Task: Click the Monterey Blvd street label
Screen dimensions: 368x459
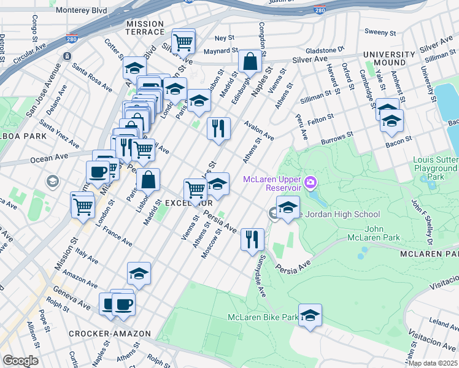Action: (80, 10)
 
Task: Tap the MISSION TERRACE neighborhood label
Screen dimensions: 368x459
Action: (145, 28)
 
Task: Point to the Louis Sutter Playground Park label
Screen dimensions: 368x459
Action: (436, 167)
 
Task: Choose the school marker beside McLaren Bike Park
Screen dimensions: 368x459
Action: (310, 315)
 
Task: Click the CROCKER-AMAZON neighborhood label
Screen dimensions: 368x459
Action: (110, 334)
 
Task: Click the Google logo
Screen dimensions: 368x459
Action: (20, 360)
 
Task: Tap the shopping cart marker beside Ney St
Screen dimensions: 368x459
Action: (183, 42)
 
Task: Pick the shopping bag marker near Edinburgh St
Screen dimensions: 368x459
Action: (250, 61)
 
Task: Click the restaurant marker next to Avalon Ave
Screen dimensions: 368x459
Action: (218, 128)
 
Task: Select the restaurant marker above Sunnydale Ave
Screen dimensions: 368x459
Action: (252, 239)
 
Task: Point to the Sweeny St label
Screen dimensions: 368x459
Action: (380, 32)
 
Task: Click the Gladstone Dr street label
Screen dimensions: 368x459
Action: (326, 50)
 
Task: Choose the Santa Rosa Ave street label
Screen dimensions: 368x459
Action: (93, 76)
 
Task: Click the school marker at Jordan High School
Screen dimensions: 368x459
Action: (288, 207)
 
